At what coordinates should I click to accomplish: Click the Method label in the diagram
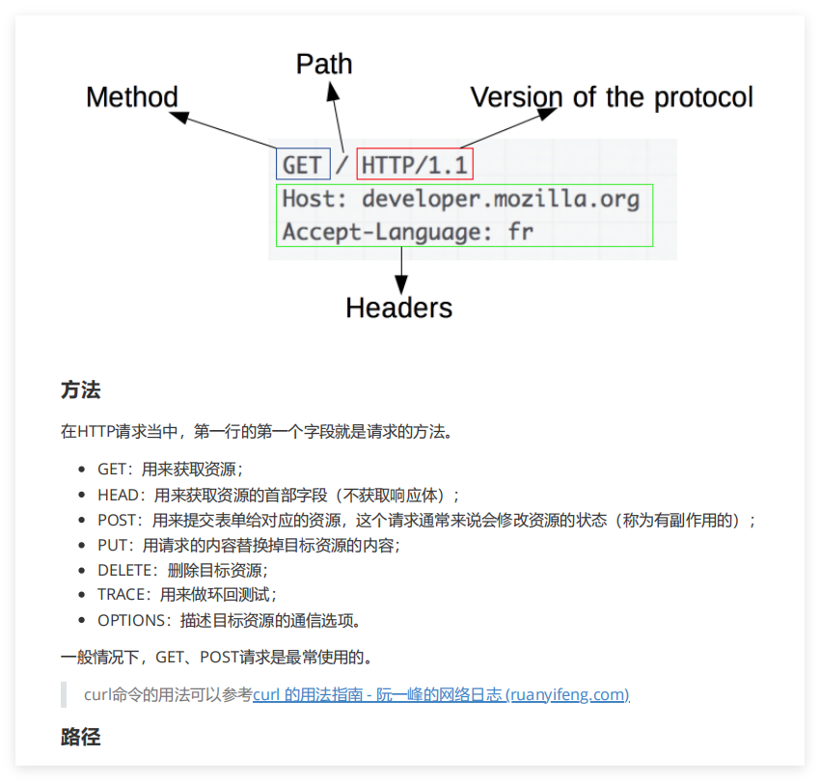pos(132,97)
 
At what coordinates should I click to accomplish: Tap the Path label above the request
pos(323,65)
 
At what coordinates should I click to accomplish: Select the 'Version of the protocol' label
pos(612,97)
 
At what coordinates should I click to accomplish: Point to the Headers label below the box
pos(398,308)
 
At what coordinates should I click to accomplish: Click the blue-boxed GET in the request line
pos(303,165)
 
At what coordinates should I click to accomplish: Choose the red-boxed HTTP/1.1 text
pos(415,165)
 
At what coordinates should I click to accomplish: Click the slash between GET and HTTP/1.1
pos(343,166)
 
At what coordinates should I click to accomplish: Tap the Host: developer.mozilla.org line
pos(460,200)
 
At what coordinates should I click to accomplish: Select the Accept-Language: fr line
pos(407,232)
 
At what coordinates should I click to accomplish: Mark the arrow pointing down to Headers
pos(401,269)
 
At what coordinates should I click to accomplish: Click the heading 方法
pos(80,390)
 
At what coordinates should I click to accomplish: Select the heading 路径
pos(80,738)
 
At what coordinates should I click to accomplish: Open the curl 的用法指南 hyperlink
pos(441,694)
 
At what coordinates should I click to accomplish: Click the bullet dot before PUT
pos(83,546)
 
